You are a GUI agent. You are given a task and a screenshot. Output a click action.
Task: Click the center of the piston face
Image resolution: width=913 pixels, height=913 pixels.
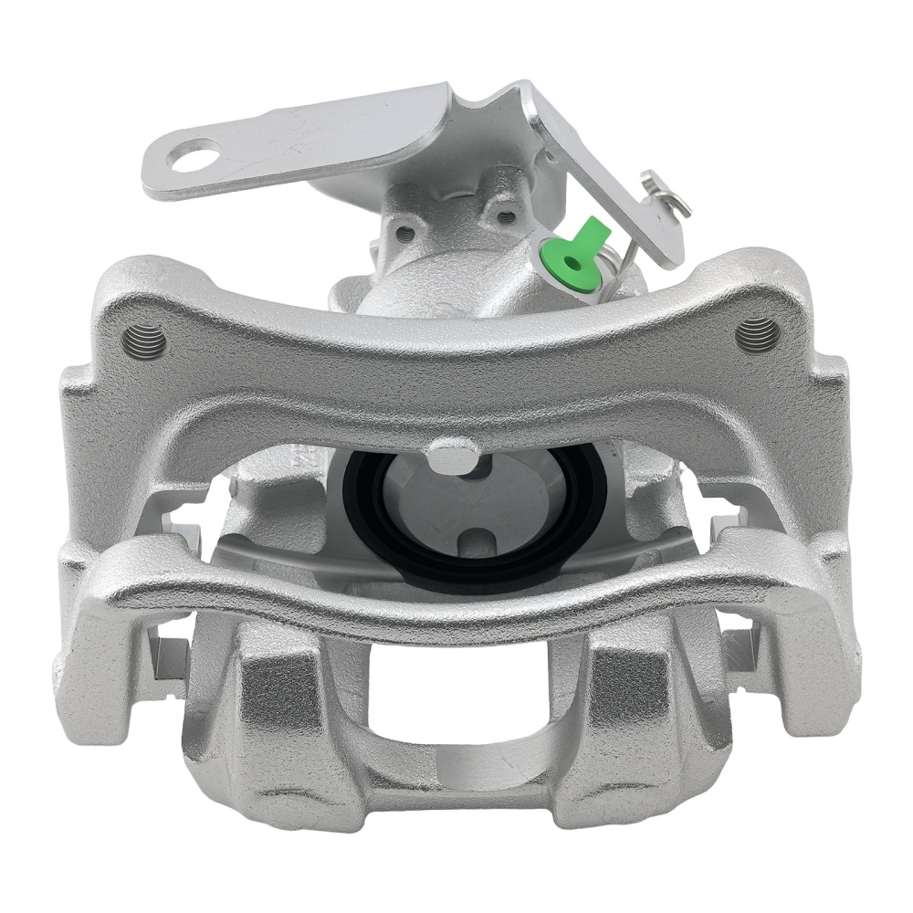click(467, 498)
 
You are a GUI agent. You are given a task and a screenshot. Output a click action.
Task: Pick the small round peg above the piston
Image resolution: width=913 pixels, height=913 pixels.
click(453, 454)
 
